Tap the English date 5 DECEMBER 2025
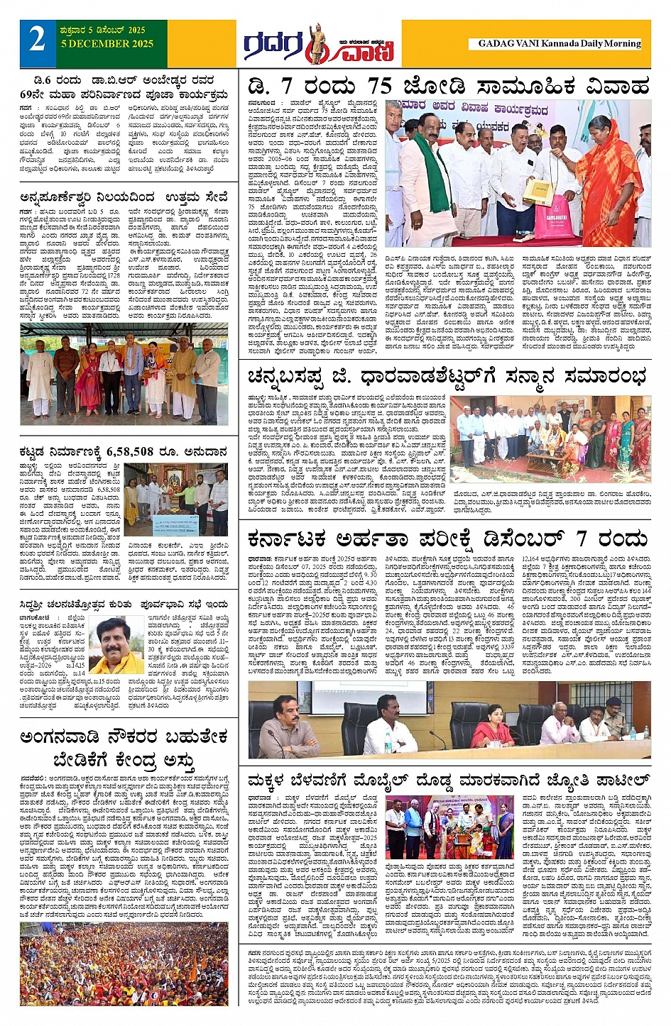107,44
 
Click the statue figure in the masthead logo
316,44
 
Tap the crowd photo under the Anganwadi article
124,964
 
